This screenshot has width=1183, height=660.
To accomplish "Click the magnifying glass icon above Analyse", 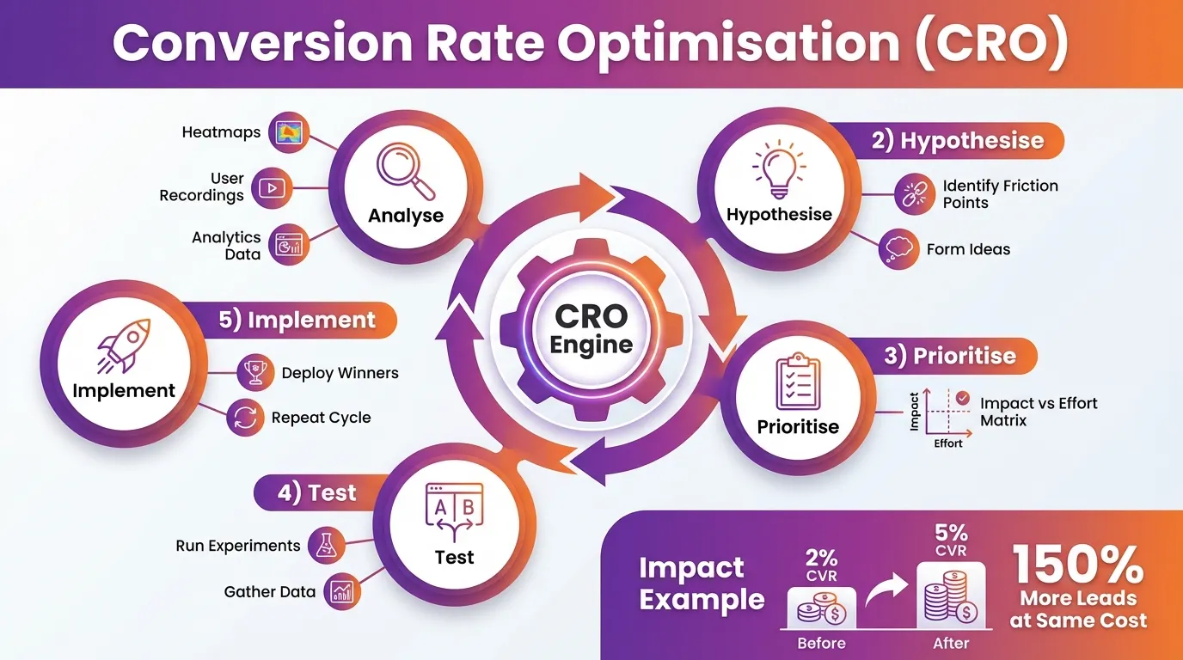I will pos(406,170).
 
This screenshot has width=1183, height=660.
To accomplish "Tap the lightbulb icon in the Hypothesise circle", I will pos(778,170).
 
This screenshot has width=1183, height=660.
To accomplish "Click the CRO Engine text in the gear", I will pos(591,330).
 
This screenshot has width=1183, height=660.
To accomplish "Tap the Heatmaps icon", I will pos(288,133).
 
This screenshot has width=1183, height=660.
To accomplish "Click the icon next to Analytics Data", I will pos(287,246).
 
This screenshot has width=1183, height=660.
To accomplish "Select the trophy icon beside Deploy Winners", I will pos(254,373).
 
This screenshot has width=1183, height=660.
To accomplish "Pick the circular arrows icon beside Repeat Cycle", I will pos(243,419).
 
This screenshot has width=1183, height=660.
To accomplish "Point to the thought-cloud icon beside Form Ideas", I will pos(898,250).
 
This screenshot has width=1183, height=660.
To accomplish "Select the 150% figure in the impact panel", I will pos(1078,565).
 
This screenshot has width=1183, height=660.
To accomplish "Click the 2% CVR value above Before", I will pos(822,566).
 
